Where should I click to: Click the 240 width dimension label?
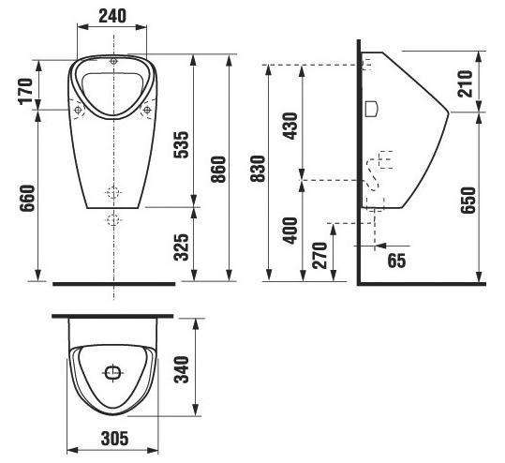pos(112,16)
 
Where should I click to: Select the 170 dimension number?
pos(26,91)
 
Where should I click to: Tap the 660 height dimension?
pos(27,198)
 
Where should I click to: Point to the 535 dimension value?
pos(181,144)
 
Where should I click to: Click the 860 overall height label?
pos(218,170)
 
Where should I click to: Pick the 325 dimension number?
pos(181,247)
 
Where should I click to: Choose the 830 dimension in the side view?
pos(258,169)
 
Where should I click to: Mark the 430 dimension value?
pos(290,126)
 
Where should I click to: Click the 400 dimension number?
pos(290,231)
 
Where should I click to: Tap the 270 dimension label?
pos(319,256)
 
